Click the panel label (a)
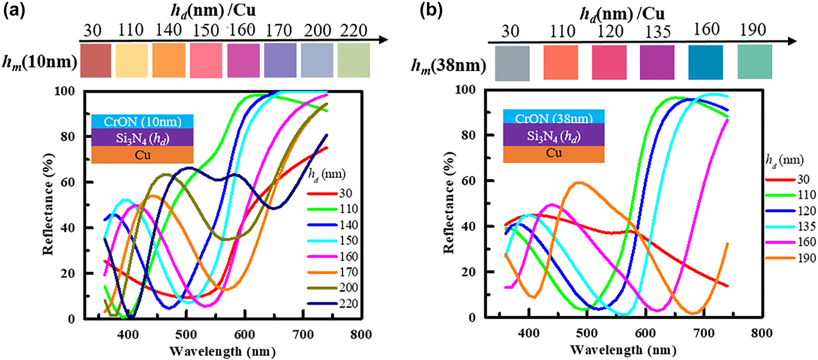[x=14, y=11]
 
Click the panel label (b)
[x=431, y=11]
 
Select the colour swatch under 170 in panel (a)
[x=280, y=60]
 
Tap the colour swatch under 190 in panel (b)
[x=755, y=62]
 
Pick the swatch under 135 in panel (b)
[x=657, y=62]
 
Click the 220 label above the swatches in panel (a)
[x=354, y=31]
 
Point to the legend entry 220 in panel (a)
[x=348, y=304]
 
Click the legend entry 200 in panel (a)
[x=348, y=288]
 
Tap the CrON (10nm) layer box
[x=142, y=122]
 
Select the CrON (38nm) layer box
[x=554, y=118]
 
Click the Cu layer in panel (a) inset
[x=142, y=155]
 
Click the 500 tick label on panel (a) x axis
[x=186, y=335]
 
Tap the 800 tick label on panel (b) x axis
[x=761, y=333]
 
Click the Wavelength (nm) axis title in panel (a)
[x=222, y=351]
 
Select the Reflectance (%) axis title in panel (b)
[x=449, y=203]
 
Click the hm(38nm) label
[x=448, y=66]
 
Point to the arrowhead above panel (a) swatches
[x=383, y=40]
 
